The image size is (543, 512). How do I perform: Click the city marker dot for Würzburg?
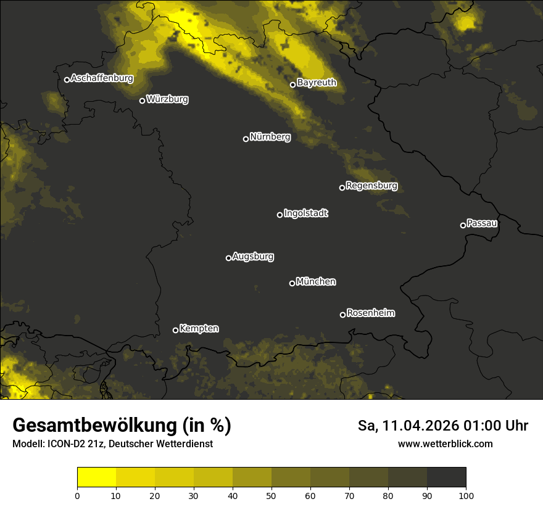142,101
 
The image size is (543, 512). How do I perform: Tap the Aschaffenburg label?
102,78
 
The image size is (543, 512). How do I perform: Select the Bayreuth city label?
317,83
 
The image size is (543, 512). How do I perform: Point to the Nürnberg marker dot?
246,139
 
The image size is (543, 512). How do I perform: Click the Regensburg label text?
371,186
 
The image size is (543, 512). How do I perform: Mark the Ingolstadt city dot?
280,215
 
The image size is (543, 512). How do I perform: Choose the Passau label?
482,223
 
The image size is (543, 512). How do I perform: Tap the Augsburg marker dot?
228,258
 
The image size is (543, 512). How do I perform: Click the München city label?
316,282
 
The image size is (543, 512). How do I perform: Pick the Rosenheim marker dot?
342,315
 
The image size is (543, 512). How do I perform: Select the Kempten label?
199,329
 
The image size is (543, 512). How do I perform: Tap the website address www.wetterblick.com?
445,444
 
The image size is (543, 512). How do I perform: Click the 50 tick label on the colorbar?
271,495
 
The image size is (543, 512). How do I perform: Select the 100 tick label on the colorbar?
466,495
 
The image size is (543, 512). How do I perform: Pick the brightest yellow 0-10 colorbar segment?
96,477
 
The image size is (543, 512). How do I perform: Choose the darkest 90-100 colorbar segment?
446,477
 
